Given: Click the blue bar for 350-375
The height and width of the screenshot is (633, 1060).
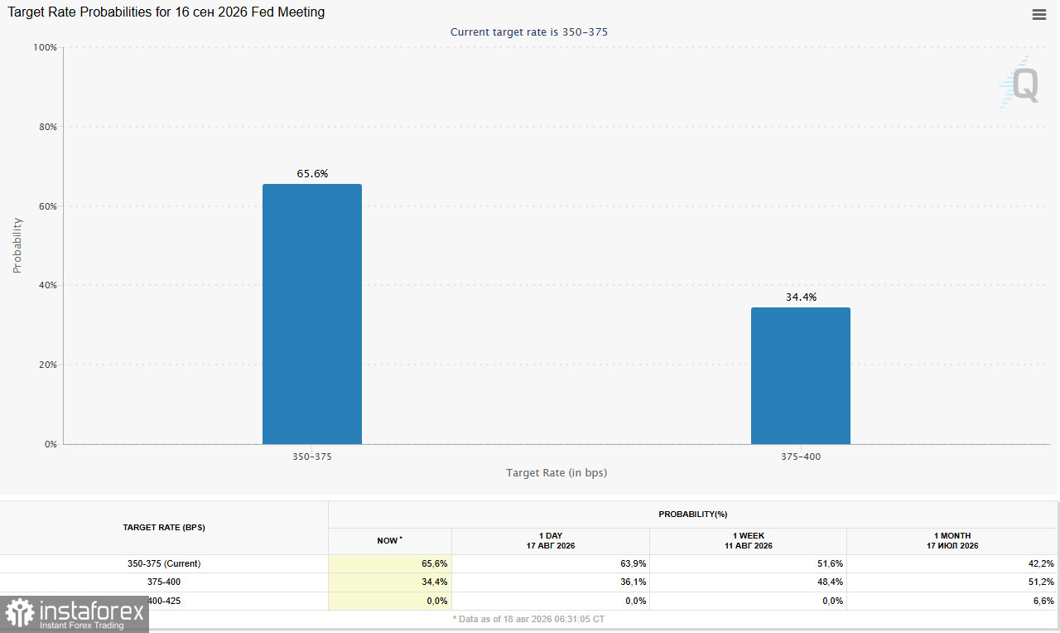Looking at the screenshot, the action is tap(312, 314).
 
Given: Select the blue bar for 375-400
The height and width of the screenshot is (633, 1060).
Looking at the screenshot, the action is tap(801, 376).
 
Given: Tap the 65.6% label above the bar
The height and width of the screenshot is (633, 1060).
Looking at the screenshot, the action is tap(312, 174).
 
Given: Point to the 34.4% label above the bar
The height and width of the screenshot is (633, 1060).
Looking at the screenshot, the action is tap(801, 297).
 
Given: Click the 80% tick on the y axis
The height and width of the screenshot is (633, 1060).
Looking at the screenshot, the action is tap(48, 127).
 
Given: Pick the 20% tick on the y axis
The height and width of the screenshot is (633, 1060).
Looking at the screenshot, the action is tap(48, 365).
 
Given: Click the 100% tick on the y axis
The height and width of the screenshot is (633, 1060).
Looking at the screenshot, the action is tap(45, 47).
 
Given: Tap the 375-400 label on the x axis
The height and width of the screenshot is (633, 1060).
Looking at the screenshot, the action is tap(801, 457).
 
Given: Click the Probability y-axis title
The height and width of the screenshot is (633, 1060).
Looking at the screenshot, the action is tap(17, 245).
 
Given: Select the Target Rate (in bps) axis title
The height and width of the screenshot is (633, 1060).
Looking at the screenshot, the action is tap(556, 472).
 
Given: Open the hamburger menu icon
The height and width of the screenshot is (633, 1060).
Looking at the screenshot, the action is tap(1039, 15).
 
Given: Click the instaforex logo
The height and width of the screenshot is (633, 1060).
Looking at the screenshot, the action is tap(75, 614).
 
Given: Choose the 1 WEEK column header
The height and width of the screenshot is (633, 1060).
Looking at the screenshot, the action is tap(749, 541).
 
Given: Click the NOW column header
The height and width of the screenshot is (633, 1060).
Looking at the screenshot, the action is tap(389, 540).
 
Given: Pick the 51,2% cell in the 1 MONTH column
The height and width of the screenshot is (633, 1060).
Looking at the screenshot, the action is tap(1041, 582).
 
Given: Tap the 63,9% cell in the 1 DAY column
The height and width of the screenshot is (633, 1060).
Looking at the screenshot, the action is tap(634, 563).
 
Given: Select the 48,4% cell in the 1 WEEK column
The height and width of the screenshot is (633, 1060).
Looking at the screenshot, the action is tap(830, 582).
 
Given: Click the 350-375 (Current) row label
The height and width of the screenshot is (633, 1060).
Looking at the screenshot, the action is tap(164, 563).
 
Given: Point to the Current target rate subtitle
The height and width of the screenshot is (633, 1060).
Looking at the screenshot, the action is tap(529, 31).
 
